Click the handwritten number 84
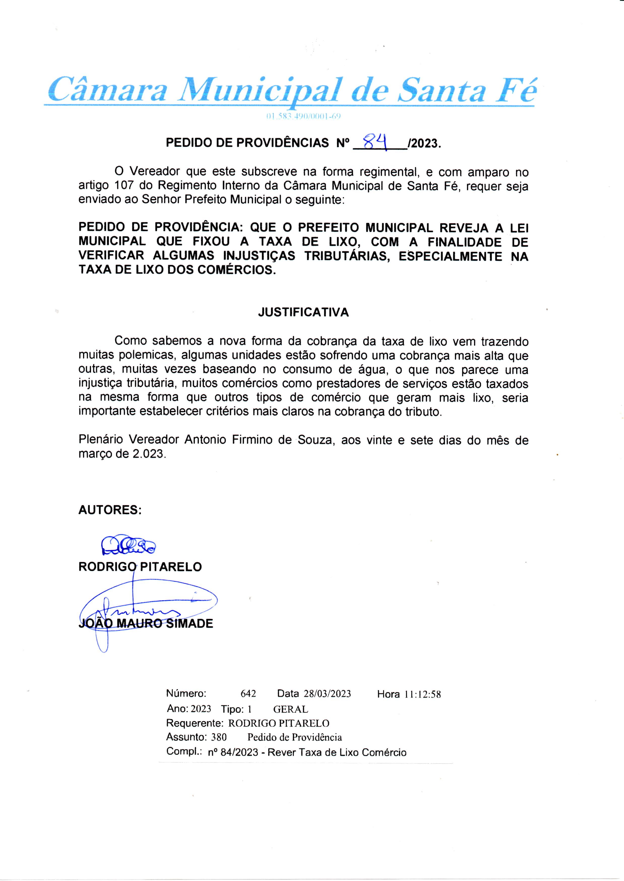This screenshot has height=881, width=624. tap(375, 142)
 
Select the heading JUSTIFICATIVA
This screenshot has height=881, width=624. tap(303, 312)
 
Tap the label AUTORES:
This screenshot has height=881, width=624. tap(110, 510)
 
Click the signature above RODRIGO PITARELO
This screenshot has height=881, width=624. tap(127, 545)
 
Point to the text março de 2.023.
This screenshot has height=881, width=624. tap(123, 454)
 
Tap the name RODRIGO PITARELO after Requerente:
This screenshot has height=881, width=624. tap(279, 723)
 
